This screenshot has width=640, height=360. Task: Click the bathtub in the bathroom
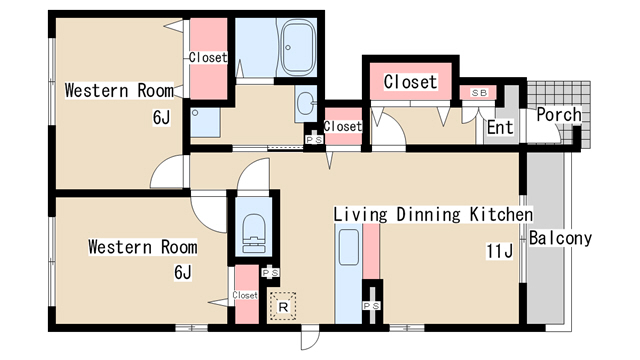pos(299,47)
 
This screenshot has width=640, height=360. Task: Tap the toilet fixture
pos(253,233)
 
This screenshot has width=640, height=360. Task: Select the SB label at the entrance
pos(479,93)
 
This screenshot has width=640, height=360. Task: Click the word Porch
pos(559,115)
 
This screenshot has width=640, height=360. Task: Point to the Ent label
pos(500,127)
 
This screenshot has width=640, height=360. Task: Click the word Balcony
pos(560,238)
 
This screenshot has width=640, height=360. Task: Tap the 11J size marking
pos(499,251)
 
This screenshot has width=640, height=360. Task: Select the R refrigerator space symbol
pos(283,306)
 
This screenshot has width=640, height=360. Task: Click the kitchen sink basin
pos(349,248)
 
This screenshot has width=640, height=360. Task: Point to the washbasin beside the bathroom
pos(305,104)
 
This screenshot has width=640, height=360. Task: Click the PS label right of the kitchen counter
pos(371,306)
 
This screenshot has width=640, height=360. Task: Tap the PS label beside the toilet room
pos(270,272)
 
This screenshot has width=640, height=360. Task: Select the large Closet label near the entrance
pos(411,82)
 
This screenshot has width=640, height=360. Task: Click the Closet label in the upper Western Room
pos(208,58)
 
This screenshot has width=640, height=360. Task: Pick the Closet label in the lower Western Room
pos(245,295)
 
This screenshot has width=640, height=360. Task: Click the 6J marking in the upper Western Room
pos(161,118)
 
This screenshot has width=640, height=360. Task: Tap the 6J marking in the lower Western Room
pos(182,272)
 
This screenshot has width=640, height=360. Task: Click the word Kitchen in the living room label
pos(501,215)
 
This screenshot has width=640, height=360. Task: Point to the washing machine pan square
pos(205,122)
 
